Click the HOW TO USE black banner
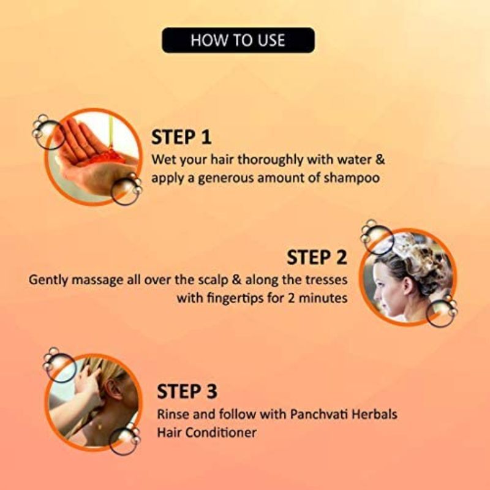[238, 40]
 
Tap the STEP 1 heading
[181, 137]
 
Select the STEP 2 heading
[317, 257]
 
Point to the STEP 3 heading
[187, 391]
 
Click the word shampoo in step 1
[352, 178]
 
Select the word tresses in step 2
[326, 280]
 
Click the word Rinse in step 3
[173, 415]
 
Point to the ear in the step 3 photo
[113, 389]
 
